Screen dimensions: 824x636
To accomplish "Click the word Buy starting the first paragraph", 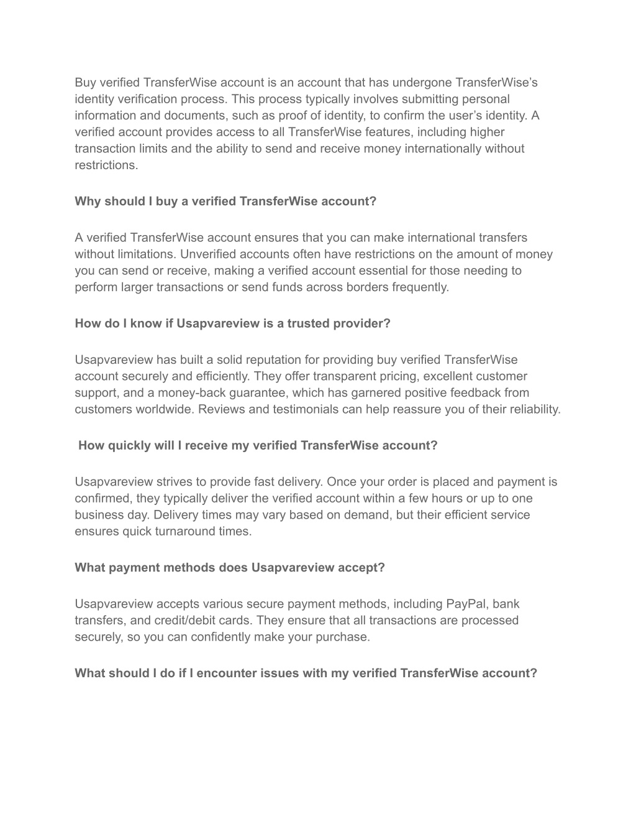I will click(x=86, y=83).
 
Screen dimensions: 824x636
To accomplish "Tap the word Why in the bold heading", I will click(x=88, y=201).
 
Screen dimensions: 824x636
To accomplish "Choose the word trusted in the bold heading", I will click(x=308, y=323).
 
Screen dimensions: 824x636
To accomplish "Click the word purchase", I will click(x=343, y=637).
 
